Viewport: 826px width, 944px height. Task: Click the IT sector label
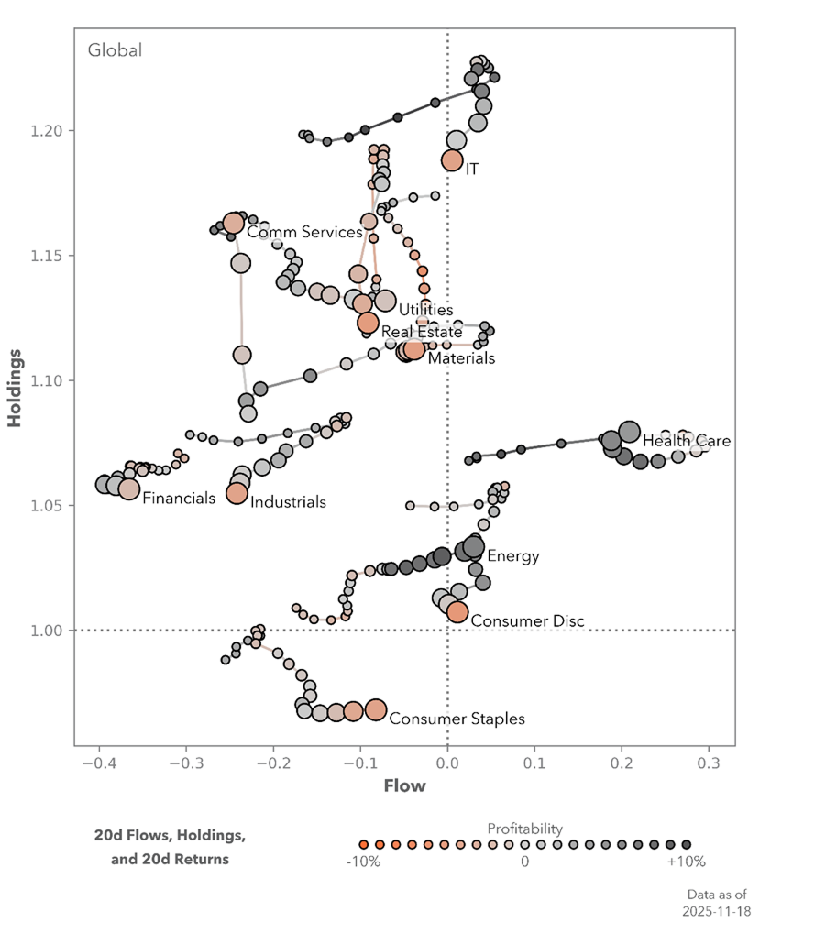click(472, 170)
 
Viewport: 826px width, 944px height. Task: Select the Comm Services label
click(304, 232)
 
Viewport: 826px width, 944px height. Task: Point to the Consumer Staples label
click(457, 719)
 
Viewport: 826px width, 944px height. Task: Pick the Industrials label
click(288, 501)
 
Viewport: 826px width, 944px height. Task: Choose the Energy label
click(512, 555)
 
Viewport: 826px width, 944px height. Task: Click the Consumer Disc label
click(527, 621)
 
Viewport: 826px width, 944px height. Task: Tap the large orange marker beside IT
click(452, 160)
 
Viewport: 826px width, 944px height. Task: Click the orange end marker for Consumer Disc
click(457, 611)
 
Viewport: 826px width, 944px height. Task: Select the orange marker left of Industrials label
click(237, 493)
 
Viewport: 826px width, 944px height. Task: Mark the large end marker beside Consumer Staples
click(376, 709)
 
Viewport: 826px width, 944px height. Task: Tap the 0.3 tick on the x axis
click(709, 763)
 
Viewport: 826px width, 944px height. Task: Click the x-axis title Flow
click(404, 785)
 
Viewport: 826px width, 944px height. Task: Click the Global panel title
click(115, 50)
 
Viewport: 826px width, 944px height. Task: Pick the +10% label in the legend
click(686, 862)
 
